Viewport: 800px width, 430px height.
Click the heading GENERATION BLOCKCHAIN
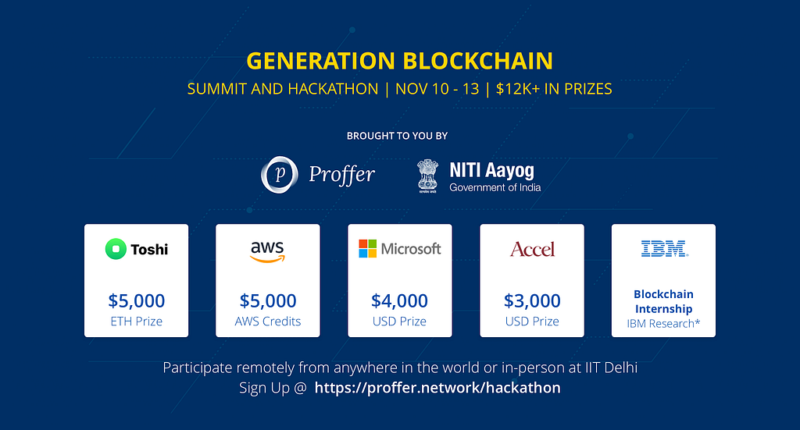pos(399,61)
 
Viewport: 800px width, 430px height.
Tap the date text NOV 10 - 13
pos(437,89)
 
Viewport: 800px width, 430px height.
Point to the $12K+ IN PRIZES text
pos(554,89)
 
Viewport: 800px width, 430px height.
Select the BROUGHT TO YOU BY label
pos(397,136)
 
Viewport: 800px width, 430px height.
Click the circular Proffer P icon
pos(280,175)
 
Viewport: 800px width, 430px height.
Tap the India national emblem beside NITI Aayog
pos(427,176)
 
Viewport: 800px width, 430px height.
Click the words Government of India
pos(495,187)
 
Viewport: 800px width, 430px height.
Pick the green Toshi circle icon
pos(116,249)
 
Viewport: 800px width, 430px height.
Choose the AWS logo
pos(267,251)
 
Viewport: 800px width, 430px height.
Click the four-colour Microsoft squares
pos(367,249)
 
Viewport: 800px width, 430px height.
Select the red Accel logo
pos(532,249)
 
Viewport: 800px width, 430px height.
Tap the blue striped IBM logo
pos(664,249)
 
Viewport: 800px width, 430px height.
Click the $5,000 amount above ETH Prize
pos(136,300)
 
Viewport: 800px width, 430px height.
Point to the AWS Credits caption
pos(268,322)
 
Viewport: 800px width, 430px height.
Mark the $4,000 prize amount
pos(399,300)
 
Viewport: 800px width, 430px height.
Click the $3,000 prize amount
pos(532,300)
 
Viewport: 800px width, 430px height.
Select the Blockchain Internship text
pos(663,301)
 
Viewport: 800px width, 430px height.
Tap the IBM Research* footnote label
pos(663,324)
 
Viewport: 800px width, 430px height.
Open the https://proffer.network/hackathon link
pos(437,388)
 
